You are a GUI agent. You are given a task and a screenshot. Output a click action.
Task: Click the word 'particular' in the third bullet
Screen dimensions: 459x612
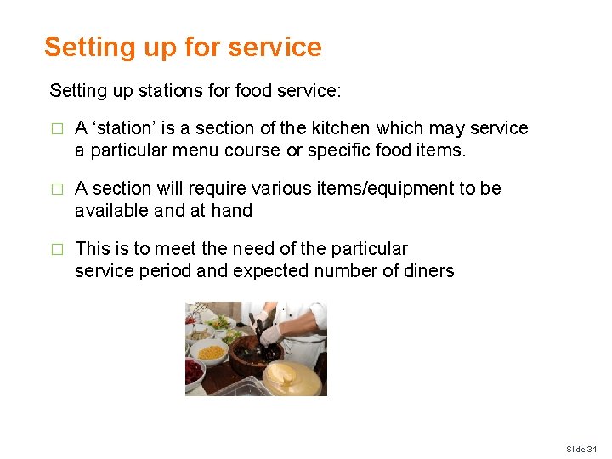368,249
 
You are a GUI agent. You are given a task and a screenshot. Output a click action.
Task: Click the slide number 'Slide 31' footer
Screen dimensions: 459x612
582,449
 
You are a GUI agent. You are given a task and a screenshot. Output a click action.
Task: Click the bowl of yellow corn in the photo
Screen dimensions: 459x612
210,351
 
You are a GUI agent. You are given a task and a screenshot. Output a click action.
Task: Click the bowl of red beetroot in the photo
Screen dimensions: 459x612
194,371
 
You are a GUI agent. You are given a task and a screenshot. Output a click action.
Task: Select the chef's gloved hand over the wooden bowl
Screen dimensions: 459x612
270,334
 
